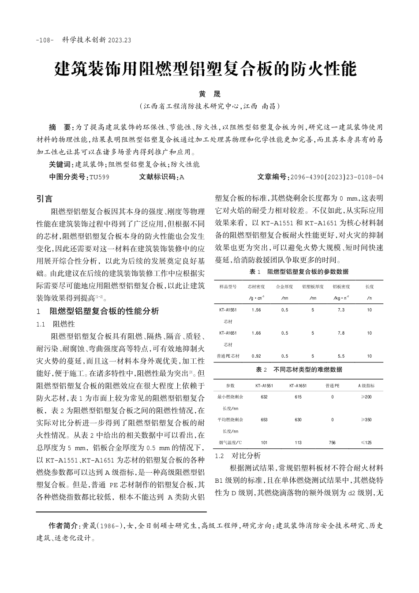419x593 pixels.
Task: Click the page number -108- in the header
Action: [45, 40]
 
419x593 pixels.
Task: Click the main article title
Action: [205, 69]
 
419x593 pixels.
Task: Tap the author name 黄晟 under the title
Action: [209, 94]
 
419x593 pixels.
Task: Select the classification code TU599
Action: [99, 177]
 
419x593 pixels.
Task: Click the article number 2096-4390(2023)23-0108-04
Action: [336, 177]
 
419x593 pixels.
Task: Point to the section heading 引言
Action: [44, 199]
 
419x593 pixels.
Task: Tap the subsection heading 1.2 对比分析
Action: [237, 455]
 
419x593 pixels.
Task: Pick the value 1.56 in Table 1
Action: [256, 310]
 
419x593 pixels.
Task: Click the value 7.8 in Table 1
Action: [341, 333]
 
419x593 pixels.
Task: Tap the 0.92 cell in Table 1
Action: [256, 356]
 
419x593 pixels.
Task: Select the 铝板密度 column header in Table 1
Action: [341, 287]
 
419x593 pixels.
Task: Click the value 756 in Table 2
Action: [332, 442]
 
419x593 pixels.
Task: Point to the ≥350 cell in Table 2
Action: [366, 420]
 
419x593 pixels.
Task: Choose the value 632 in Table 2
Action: [264, 397]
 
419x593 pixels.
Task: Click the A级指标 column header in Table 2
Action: [366, 385]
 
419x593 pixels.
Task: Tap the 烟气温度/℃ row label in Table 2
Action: [230, 442]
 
